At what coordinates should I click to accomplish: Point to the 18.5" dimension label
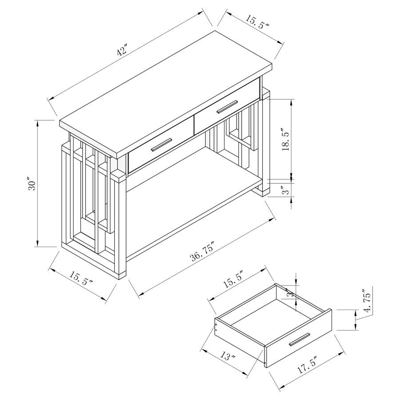285,140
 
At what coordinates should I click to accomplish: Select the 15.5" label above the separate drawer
233,282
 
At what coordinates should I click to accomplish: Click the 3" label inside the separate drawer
289,294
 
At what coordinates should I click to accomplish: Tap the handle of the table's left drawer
161,145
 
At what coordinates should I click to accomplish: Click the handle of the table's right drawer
227,107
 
